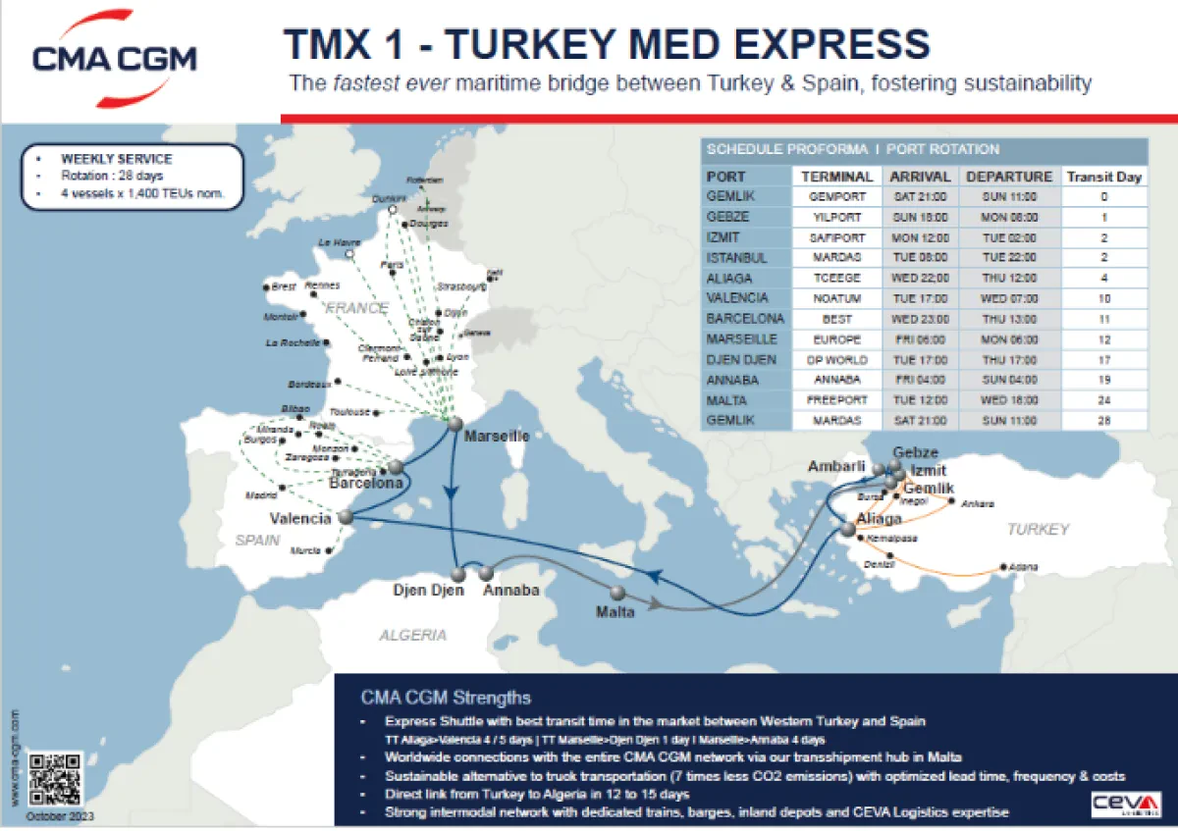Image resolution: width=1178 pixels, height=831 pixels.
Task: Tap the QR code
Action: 55,780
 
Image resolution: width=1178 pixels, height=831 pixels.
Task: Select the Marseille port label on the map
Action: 497,436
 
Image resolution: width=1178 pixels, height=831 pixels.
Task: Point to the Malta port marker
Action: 617,593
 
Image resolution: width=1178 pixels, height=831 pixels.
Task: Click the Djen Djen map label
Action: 428,591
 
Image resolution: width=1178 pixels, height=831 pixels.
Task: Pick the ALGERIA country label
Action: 413,636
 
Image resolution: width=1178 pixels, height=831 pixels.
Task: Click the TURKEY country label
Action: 1038,529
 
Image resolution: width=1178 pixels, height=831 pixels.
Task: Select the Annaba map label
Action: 511,591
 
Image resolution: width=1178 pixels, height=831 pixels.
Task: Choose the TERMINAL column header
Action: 836,177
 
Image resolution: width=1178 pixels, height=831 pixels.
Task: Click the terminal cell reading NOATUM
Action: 836,298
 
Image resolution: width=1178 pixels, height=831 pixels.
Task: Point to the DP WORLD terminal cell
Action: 836,360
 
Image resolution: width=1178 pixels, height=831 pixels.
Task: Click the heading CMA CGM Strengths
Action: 446,698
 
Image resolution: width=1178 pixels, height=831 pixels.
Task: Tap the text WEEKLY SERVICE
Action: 116,159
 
